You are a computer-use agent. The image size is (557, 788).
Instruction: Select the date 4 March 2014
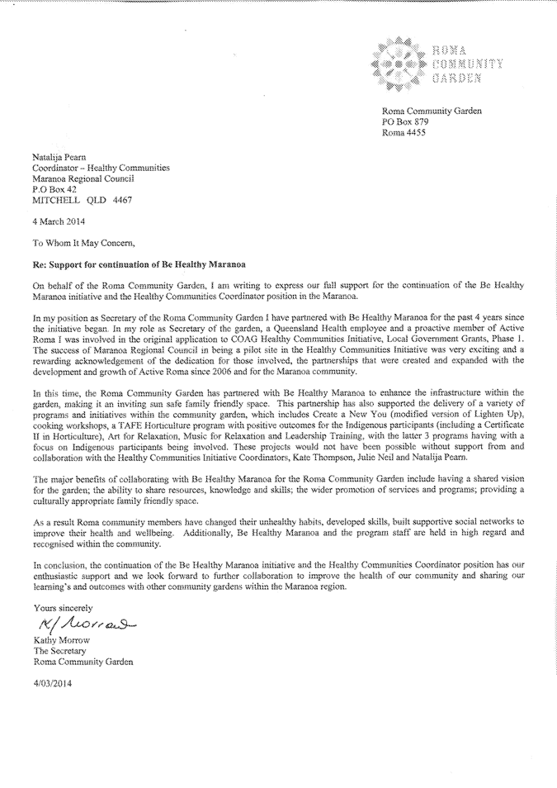tap(59, 221)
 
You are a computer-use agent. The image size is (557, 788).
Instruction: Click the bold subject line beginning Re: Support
tap(130, 263)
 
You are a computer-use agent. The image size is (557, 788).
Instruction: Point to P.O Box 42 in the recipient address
tap(57, 189)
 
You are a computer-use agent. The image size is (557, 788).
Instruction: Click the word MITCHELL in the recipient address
tap(57, 200)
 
